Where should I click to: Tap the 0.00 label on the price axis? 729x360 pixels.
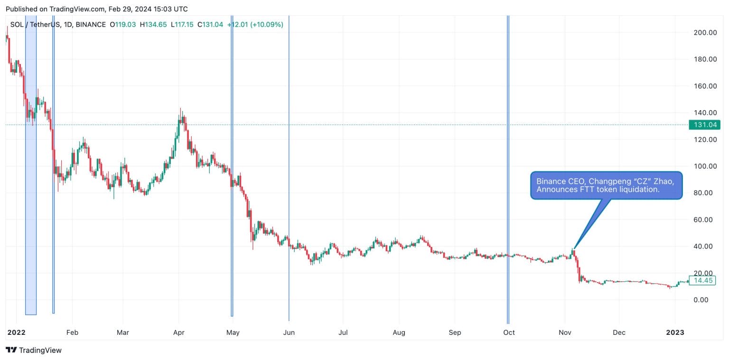pyautogui.click(x=707, y=300)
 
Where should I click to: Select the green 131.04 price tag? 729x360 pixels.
pyautogui.click(x=704, y=125)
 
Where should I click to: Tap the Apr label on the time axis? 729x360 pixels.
pyautogui.click(x=179, y=332)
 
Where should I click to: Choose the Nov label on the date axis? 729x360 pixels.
pyautogui.click(x=565, y=332)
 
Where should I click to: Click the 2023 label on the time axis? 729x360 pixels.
pyautogui.click(x=675, y=332)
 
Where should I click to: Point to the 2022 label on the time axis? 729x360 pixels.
pyautogui.click(x=17, y=332)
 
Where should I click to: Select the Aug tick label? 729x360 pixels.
pyautogui.click(x=399, y=332)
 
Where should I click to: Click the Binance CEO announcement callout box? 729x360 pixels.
pyautogui.click(x=606, y=185)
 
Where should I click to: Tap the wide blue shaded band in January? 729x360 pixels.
pyautogui.click(x=31, y=190)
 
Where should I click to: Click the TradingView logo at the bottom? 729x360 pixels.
pyautogui.click(x=34, y=351)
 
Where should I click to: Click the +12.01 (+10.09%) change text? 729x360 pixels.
pyautogui.click(x=255, y=24)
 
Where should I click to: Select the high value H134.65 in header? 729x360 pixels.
pyautogui.click(x=153, y=24)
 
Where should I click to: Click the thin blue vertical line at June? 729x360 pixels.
pyautogui.click(x=289, y=190)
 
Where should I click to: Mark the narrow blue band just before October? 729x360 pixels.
pyautogui.click(x=508, y=190)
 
